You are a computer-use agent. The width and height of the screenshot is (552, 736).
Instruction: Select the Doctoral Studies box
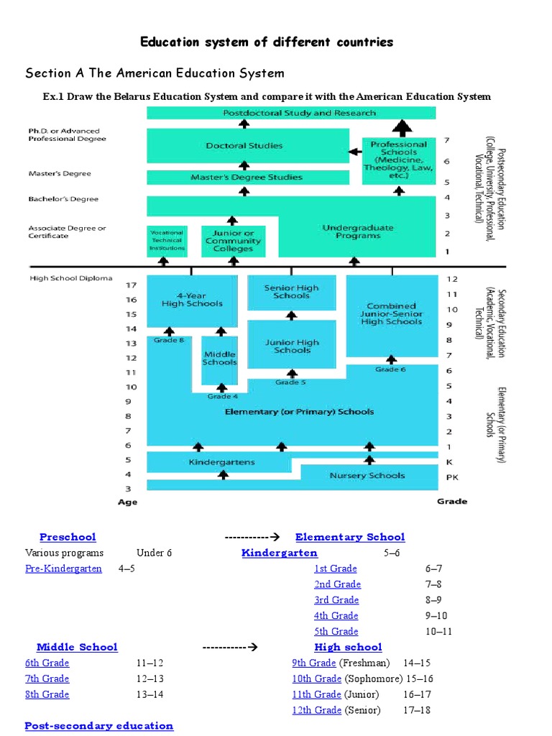pos(244,146)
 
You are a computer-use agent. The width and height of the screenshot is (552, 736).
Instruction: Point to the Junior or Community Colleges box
pos(232,241)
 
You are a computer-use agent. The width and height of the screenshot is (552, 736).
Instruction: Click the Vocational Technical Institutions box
pos(167,241)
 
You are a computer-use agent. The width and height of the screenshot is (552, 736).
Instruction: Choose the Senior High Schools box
pos(291,292)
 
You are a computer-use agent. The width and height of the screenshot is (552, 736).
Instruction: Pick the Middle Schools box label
pos(219,358)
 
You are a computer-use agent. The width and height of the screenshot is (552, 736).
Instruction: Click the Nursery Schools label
pos(367,475)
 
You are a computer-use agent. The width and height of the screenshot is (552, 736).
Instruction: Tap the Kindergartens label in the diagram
pos(221,461)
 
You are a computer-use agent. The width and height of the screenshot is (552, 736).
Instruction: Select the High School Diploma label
pos(70,279)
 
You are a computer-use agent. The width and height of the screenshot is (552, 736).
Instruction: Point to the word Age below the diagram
pos(127,502)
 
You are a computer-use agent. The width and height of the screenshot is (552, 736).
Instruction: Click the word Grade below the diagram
pos(452,501)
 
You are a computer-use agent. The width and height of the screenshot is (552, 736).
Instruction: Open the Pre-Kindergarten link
pos(63,569)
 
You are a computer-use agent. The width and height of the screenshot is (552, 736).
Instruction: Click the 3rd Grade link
pos(336,600)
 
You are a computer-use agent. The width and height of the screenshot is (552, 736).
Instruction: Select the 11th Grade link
pos(316,694)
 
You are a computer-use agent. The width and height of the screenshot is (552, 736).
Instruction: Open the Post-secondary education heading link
pos(99,726)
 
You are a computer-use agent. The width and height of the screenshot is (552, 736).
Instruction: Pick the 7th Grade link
pos(47,678)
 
